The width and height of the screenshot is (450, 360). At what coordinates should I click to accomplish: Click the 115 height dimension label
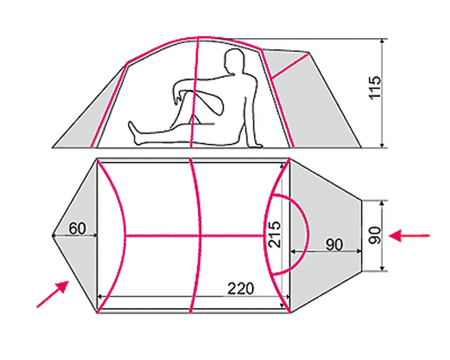375,88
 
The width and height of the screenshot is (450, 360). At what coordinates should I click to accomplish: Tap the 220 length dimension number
241,289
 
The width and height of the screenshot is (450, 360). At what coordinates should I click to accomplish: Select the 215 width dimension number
274,234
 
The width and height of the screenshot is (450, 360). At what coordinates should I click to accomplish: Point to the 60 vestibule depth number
78,228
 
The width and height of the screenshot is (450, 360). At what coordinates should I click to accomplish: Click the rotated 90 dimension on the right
375,235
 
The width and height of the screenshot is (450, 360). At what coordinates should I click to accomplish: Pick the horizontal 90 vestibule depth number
334,244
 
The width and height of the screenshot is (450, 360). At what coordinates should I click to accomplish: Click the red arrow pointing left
409,235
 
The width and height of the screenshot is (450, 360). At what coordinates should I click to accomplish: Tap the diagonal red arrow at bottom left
53,294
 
